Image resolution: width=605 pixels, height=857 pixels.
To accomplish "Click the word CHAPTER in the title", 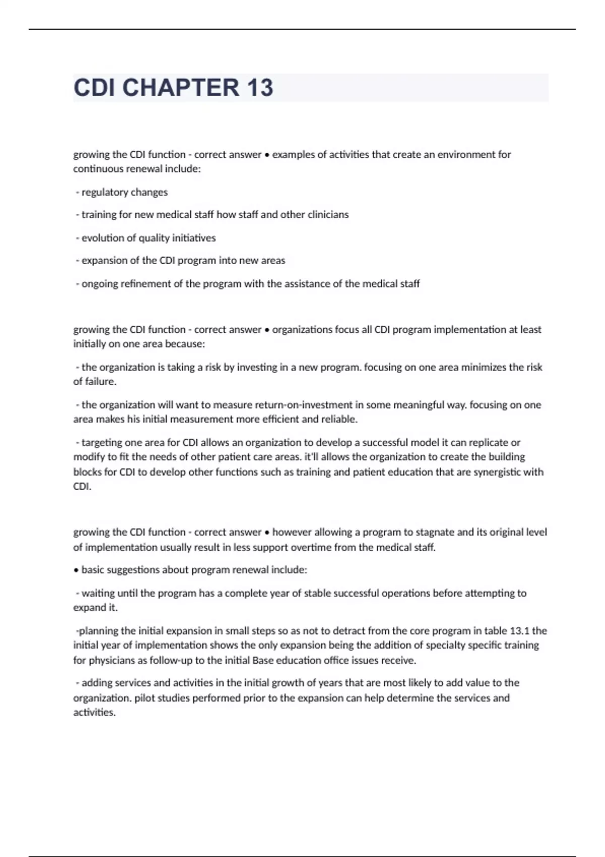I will tap(181, 88).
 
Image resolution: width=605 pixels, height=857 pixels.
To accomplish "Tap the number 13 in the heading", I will tap(260, 88).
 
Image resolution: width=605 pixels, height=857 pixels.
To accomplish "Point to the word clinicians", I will tap(328, 215).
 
